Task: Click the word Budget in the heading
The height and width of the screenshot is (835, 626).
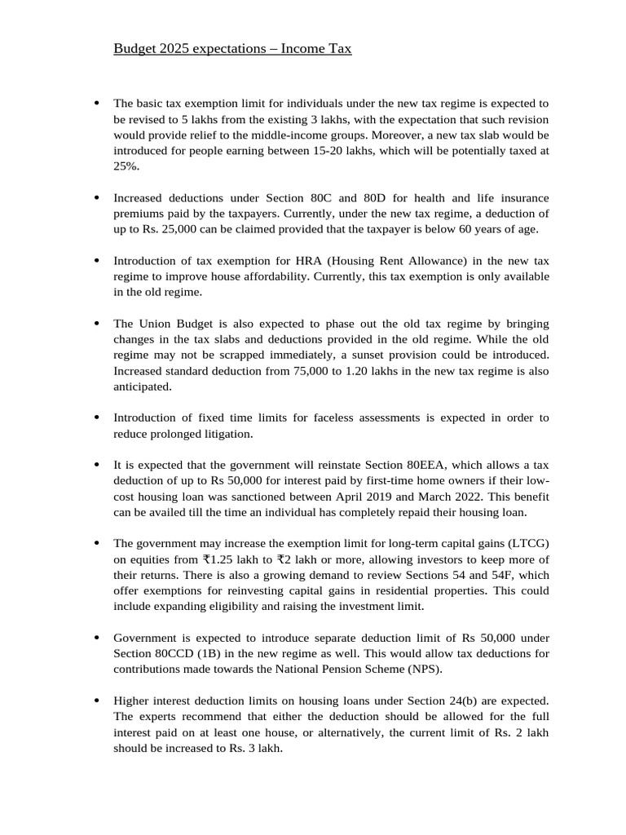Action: [x=134, y=49]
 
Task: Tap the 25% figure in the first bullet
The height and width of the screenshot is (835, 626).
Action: [x=125, y=166]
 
